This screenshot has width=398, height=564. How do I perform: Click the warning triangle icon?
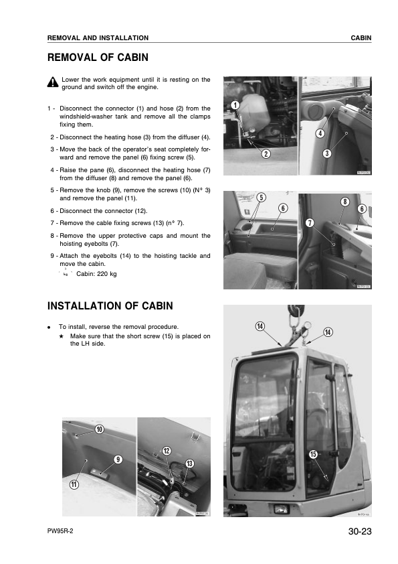(53, 82)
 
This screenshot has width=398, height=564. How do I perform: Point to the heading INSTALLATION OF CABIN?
(110, 306)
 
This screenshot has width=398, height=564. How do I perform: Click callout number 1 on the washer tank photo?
(234, 104)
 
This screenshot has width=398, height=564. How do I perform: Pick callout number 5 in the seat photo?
(261, 197)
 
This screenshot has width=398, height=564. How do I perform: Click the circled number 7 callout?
(310, 222)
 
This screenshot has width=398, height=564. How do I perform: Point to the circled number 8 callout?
(344, 202)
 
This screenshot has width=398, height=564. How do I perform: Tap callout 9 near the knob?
(118, 460)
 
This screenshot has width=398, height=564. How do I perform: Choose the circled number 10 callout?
(100, 429)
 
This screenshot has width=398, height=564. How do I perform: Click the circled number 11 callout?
(74, 485)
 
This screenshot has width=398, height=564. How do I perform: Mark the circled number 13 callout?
(189, 464)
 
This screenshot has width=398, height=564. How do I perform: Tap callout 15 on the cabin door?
(312, 455)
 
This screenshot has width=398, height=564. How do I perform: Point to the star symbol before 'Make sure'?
(61, 336)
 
